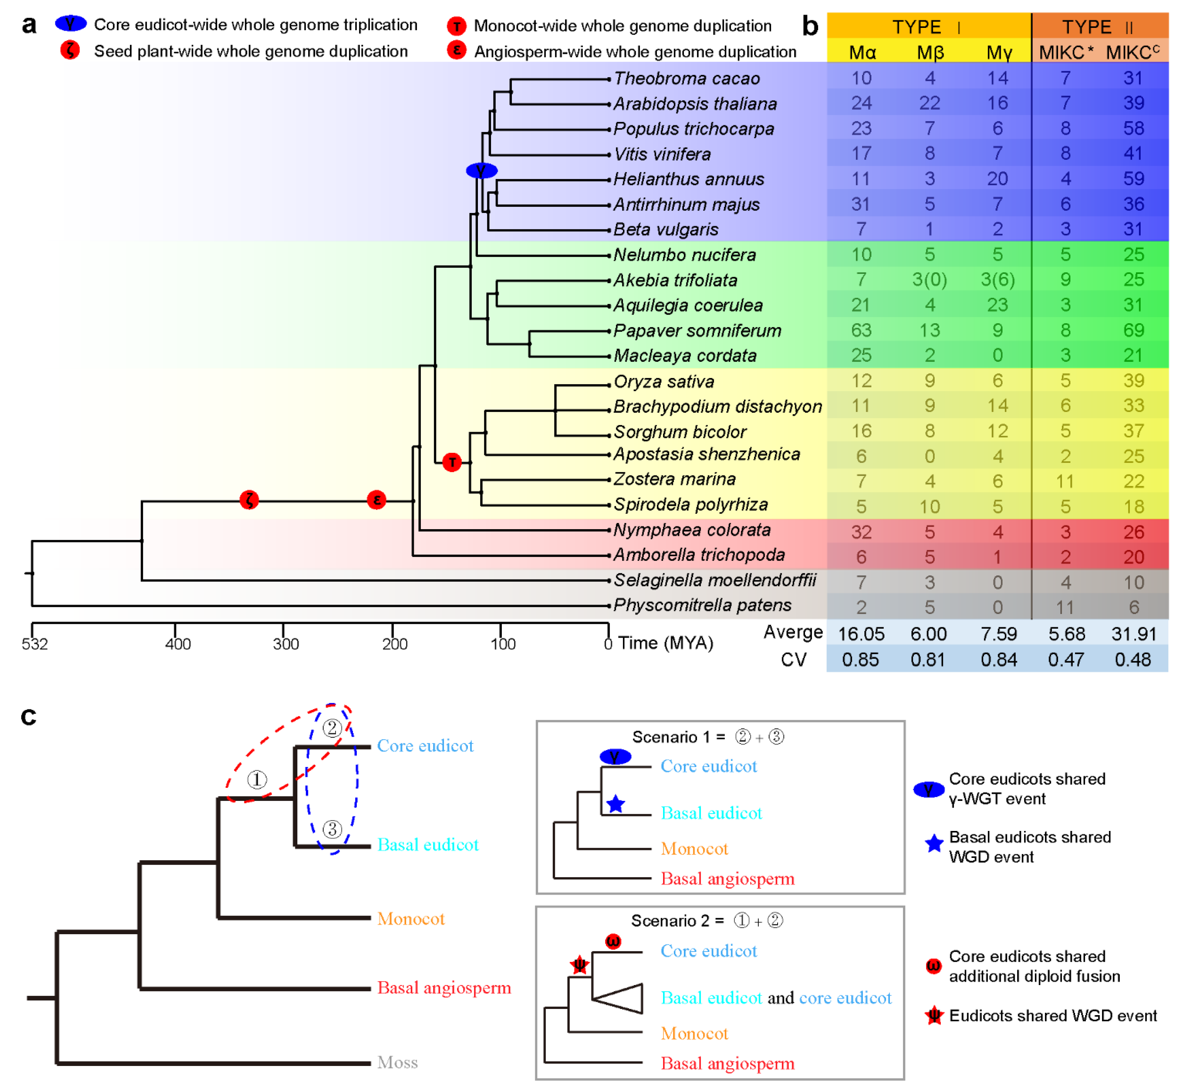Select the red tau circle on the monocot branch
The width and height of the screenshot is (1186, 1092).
click(452, 462)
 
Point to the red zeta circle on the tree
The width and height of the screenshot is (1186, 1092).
click(249, 500)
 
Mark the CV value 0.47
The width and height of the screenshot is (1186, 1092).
click(1066, 659)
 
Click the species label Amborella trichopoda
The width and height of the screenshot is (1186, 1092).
click(699, 555)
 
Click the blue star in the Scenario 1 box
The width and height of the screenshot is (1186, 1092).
click(616, 804)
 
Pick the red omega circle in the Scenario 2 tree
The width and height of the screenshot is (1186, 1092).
click(613, 941)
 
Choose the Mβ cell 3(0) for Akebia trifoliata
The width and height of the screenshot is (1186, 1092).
click(929, 279)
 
